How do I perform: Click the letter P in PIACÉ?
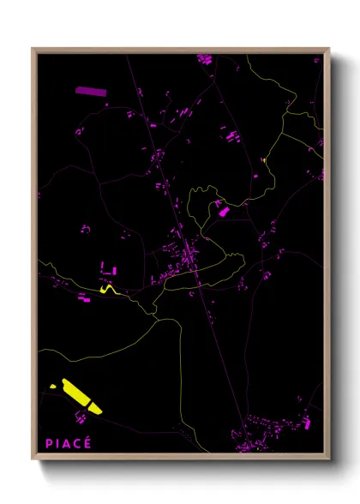coord(49,443)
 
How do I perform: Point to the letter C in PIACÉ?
coord(76,443)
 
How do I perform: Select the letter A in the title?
coord(67,443)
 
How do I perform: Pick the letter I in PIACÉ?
coord(57,443)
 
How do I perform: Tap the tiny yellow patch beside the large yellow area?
coord(53,387)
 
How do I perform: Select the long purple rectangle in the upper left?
coord(88,90)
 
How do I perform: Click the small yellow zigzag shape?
coord(108,290)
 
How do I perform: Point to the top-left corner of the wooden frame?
coord(33,49)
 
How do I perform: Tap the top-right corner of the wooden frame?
coord(328,49)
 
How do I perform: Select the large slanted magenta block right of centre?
coord(221,209)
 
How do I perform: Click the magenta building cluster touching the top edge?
coord(204,59)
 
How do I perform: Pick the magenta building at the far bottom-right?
coord(307,423)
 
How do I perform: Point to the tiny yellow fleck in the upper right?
coord(266,159)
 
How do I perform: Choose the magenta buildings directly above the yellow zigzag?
coord(109,270)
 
